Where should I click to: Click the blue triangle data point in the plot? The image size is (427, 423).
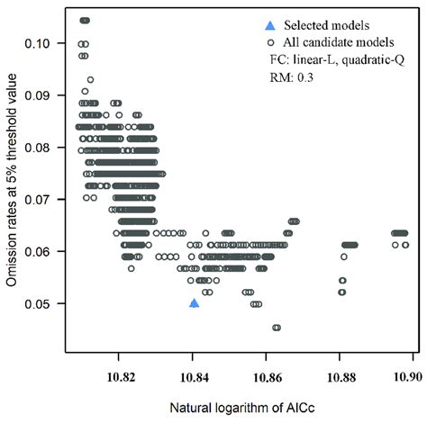coord(194,303)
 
